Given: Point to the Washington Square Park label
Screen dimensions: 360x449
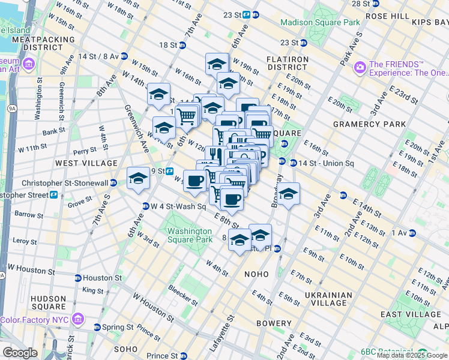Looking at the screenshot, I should pos(190,235).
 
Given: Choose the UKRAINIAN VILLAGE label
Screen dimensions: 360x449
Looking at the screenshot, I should pos(336,299).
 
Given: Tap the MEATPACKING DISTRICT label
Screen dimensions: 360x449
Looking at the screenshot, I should pos(43,43).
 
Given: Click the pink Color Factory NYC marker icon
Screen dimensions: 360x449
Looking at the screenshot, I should pos(77,319).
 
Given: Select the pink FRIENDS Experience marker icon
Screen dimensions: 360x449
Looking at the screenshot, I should pos(360,67).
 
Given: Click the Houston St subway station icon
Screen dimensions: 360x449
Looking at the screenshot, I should pos(77,278).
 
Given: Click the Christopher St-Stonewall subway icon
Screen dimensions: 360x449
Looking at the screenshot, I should pos(114,183).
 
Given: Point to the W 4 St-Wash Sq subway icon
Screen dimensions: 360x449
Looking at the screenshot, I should pos(145,206).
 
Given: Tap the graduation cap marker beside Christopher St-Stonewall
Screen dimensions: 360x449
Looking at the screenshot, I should pos(138,178).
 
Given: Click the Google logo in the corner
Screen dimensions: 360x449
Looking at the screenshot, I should pos(20,353).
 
